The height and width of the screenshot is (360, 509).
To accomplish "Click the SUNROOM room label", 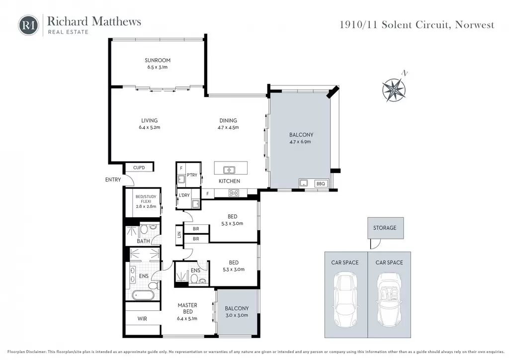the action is tap(158, 60).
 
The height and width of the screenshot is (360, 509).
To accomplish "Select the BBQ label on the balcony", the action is tap(321, 184).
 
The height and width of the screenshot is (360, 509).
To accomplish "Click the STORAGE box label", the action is tap(385, 228).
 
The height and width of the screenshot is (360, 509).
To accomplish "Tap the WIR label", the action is tap(142, 319).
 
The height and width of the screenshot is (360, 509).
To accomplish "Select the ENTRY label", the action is tap(113, 180).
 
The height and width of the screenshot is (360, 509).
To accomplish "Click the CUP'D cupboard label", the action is tap(139, 168).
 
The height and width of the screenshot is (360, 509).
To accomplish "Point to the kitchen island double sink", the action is tap(229, 170).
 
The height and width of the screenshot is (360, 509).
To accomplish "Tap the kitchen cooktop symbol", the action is tap(234, 193).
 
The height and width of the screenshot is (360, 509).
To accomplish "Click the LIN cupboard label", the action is tap(179, 234).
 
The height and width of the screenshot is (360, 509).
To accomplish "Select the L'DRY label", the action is tap(184, 195).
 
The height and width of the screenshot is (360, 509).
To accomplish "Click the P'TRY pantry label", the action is tap(192, 175).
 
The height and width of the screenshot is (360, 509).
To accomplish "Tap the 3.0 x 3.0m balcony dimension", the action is tap(237, 315).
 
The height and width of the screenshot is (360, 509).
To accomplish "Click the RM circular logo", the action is tap(28, 25).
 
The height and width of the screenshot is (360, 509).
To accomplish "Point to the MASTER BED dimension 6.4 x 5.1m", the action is tap(187, 318).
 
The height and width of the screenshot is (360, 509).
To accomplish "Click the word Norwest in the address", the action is tap(475, 25).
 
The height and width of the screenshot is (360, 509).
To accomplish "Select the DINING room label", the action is tap(228, 120).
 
